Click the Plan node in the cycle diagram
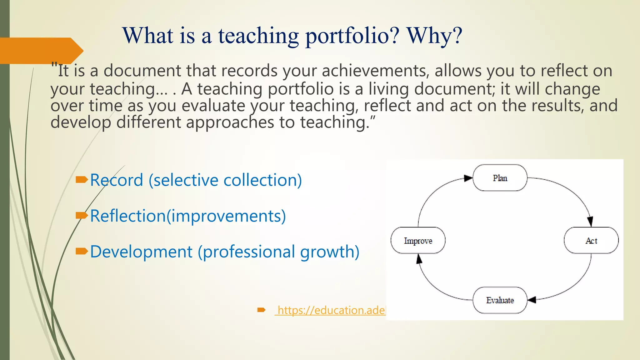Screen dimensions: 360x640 500,178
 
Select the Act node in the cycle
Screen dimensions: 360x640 591,240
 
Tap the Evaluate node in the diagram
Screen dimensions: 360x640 500,300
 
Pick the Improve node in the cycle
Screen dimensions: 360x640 418,240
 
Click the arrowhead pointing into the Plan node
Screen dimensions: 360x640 468,178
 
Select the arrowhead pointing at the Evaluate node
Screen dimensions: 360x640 532,300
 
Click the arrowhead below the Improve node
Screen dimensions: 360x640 419,259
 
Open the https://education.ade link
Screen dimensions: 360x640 331,310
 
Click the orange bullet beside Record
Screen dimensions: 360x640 82,179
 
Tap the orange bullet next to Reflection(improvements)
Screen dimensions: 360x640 82,215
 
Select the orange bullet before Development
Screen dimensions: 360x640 82,251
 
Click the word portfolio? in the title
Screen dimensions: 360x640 352,36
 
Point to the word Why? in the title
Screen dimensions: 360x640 434,36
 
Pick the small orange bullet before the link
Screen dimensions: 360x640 261,310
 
